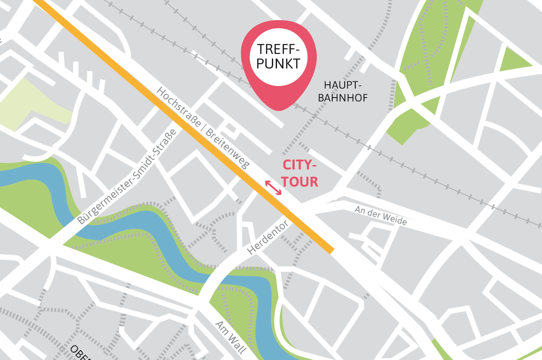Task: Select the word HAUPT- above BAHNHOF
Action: pos(343,85)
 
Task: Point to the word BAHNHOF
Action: pos(343,98)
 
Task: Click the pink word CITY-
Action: pos(300,165)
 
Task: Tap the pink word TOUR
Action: pos(300,181)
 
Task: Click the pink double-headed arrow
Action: pos(273,187)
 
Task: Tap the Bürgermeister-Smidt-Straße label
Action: pos(127,176)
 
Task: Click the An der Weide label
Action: pos(381,215)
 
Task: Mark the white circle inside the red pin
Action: pos(279,57)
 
